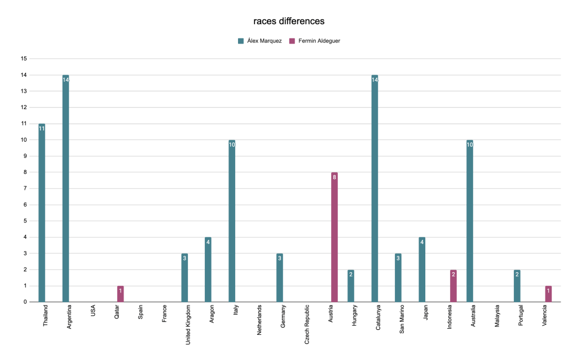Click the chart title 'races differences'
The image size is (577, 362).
288,21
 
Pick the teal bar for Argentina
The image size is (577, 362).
65,189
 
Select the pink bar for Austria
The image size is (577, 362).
334,237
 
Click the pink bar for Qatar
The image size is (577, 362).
120,294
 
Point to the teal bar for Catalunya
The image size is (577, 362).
375,189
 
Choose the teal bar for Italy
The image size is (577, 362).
232,221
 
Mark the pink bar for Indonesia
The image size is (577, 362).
453,286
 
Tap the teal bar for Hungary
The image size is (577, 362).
351,286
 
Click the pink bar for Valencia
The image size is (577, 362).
548,294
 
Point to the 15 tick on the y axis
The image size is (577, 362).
24,59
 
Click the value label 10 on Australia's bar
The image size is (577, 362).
469,145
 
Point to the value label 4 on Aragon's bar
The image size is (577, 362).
208,242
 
